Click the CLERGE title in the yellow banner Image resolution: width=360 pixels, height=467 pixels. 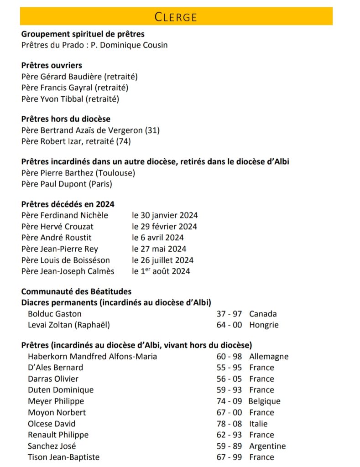(x=176, y=17)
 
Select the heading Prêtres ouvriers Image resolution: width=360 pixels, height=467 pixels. (x=52, y=65)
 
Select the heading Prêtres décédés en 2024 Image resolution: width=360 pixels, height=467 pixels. (x=68, y=204)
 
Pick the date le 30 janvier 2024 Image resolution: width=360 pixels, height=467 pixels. (x=165, y=215)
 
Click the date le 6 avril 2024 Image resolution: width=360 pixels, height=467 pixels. (x=158, y=238)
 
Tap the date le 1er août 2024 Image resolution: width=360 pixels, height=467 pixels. (x=161, y=271)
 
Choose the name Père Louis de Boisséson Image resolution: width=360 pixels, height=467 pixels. (x=66, y=260)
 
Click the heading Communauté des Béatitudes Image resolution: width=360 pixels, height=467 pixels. (x=76, y=291)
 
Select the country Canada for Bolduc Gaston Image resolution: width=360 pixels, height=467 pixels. (x=263, y=314)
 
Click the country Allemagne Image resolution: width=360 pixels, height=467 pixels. (x=269, y=357)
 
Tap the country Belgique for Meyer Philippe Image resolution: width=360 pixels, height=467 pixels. (x=264, y=401)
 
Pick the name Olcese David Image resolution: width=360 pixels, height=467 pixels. (x=52, y=424)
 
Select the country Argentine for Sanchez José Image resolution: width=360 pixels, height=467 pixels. (x=267, y=446)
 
